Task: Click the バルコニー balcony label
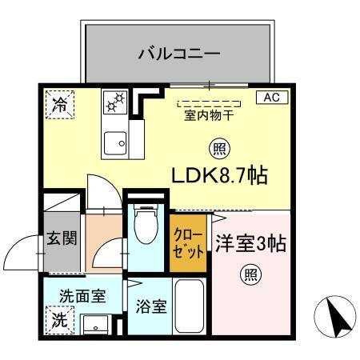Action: tap(179, 54)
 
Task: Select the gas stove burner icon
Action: tap(114, 102)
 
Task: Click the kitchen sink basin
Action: tap(114, 144)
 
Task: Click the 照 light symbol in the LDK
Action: tap(218, 148)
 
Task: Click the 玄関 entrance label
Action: tap(61, 239)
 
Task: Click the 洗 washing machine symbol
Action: tap(60, 319)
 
